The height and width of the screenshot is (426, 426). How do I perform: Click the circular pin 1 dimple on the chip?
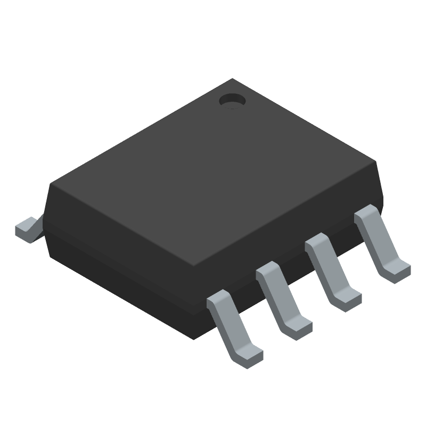coord(232,100)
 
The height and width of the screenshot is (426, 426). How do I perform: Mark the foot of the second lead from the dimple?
coord(349,298)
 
